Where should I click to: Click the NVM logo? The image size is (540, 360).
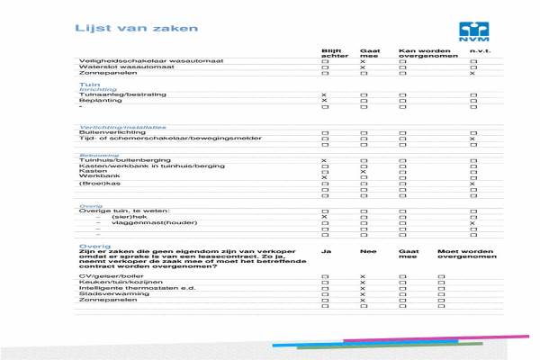(x=472, y=31)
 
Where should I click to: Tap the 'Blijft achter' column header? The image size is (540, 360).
(x=335, y=53)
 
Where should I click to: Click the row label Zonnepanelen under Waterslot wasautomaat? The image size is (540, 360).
(x=106, y=73)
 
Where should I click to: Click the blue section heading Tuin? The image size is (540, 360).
(x=87, y=83)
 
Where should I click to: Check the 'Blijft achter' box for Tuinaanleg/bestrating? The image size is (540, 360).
(x=324, y=94)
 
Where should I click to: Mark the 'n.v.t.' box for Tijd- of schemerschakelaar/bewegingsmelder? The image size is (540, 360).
(x=472, y=139)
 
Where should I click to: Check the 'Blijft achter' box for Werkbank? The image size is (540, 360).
(x=324, y=177)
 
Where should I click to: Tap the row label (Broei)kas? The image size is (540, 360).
(x=96, y=184)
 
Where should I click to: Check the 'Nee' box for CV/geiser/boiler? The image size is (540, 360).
(x=363, y=277)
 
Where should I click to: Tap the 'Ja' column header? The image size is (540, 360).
(x=326, y=252)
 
